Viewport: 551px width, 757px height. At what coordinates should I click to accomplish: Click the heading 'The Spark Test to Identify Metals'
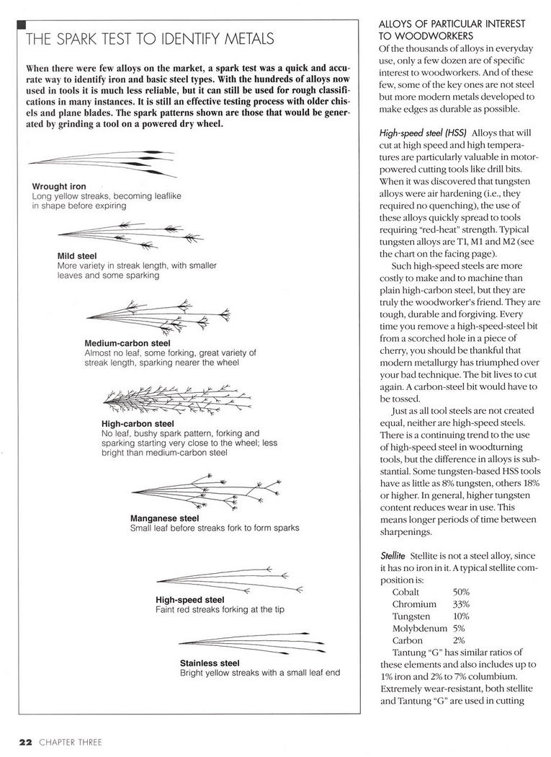coord(149,37)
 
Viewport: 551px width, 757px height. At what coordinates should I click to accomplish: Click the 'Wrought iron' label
coord(59,187)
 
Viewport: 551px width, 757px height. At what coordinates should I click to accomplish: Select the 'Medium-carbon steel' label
coord(127,343)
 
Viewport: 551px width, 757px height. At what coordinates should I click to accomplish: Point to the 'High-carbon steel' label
coord(138,423)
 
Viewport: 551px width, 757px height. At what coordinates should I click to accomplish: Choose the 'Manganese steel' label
coord(164,518)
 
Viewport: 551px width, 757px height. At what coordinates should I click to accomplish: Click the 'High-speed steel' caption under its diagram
coord(189,599)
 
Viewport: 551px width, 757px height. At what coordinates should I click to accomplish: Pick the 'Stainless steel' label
coord(210,663)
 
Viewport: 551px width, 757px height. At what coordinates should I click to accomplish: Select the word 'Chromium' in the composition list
coord(414,603)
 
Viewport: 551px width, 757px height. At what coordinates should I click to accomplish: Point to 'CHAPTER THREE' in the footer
coord(71,740)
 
